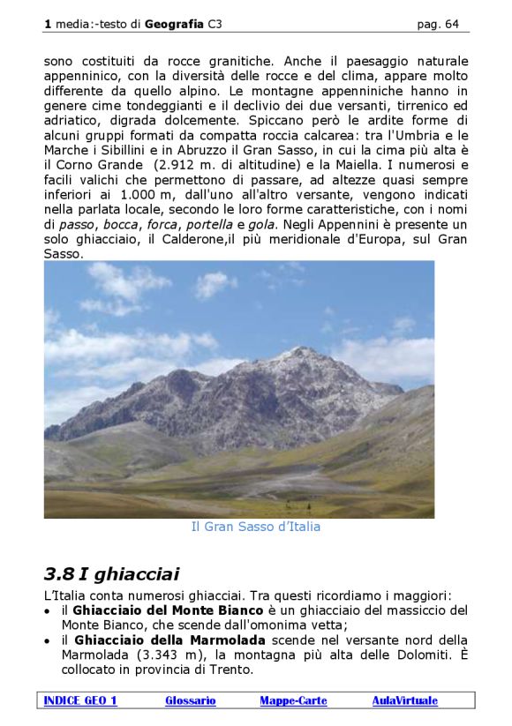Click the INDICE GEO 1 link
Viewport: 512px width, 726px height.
79,700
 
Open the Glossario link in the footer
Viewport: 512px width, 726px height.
191,700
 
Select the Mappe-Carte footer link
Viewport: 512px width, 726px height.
293,700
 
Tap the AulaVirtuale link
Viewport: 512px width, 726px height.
404,700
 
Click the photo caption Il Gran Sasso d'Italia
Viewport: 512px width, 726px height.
255,527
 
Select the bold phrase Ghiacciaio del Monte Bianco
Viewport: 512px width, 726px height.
168,610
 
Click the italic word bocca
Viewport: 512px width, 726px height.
121,224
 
